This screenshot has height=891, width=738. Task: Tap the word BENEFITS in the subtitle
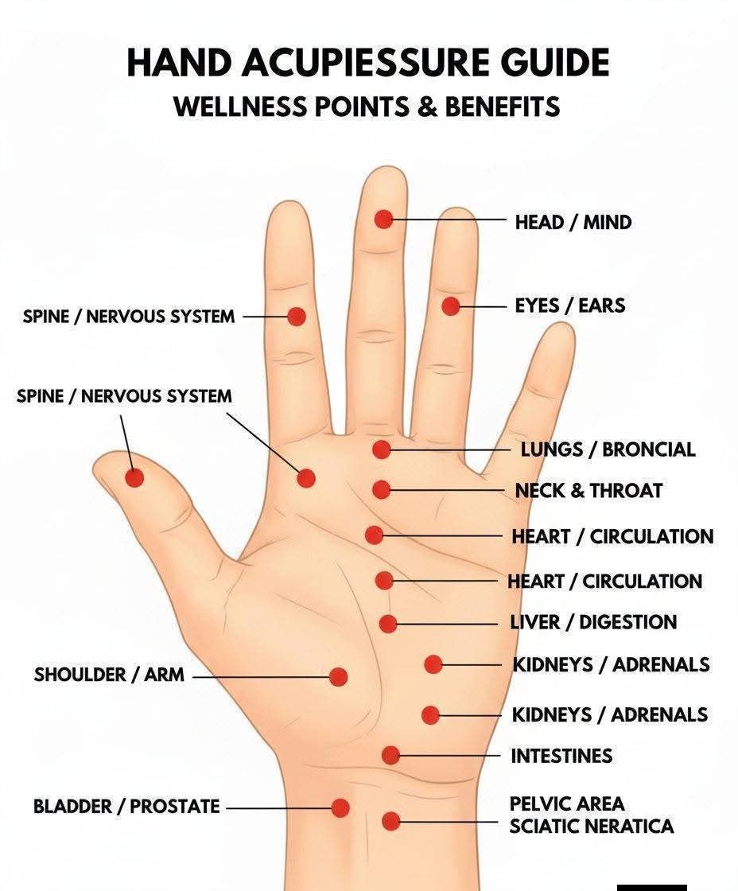[502, 107]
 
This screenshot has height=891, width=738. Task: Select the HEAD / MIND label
[573, 222]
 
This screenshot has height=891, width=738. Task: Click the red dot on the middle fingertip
[384, 219]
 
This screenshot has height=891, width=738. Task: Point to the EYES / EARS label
[570, 305]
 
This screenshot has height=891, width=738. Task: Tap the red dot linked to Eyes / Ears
[451, 306]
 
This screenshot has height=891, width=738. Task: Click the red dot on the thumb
[134, 478]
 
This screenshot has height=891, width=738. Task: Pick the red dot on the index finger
[297, 317]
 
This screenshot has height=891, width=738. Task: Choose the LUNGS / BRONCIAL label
[608, 449]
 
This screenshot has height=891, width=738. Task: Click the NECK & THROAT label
[588, 490]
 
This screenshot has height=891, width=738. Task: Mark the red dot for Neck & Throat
[382, 490]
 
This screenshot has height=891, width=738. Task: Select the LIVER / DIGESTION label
[593, 622]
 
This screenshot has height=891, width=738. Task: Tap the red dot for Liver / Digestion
[388, 624]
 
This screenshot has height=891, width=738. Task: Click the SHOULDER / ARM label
[109, 675]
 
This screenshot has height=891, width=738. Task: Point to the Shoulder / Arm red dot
[338, 677]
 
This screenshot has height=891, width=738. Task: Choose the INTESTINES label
[561, 757]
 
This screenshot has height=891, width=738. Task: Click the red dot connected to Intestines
[391, 755]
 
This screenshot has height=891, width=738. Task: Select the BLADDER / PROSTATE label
[126, 807]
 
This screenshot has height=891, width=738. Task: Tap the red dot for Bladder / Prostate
[340, 807]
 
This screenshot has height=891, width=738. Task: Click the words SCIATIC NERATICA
[592, 827]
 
